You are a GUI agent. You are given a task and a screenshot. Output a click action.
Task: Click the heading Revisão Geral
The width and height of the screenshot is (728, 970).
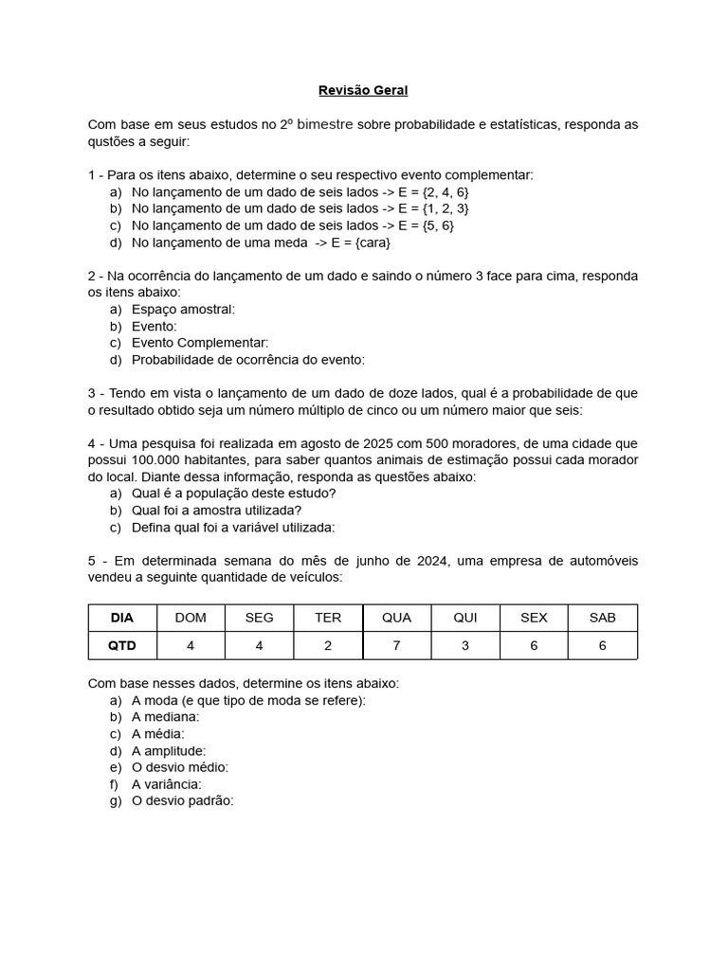363,91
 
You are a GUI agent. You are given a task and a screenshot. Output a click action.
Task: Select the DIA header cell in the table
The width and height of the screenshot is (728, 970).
122,618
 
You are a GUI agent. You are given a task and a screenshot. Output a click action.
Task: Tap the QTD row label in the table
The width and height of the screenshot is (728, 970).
122,645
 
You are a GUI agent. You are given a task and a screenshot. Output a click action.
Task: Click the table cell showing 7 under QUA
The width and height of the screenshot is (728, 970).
396,645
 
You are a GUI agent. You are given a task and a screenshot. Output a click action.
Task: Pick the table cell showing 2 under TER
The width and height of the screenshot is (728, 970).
328,645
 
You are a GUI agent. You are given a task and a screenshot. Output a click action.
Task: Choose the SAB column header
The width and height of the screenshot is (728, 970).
602,618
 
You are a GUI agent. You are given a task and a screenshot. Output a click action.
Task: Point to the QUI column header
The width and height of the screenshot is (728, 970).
465,618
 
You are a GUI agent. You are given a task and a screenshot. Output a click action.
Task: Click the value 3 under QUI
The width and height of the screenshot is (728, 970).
465,645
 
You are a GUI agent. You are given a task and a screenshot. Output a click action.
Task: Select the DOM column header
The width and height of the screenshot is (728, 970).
191,618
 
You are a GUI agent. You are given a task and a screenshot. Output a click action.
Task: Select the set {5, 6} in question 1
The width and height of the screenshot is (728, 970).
436,225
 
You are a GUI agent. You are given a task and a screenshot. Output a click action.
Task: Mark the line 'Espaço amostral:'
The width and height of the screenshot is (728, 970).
183,309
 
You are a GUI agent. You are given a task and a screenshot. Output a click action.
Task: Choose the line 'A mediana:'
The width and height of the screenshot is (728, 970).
166,717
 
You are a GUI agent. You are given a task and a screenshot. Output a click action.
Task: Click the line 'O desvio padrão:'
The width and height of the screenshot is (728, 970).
182,800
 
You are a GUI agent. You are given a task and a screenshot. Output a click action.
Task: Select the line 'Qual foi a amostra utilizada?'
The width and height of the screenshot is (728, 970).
217,511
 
